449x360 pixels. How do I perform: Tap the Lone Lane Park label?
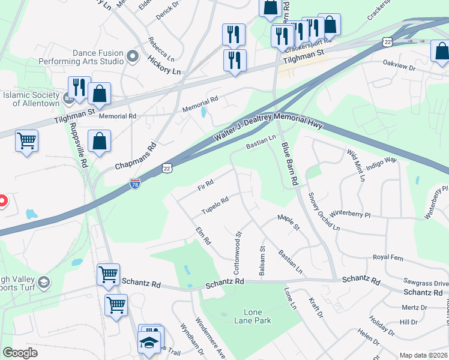pos(257,316)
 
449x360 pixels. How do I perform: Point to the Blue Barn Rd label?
pos(289,164)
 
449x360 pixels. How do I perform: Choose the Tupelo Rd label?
pos(215,206)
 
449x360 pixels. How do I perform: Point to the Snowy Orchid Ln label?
pos(323,211)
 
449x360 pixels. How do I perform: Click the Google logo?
pos(20,352)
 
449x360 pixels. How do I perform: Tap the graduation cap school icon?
pos(148,343)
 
